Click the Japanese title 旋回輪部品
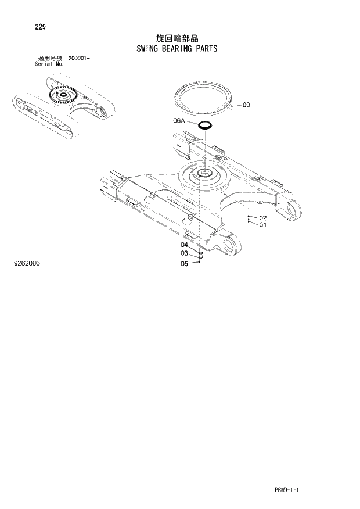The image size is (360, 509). pos(177,38)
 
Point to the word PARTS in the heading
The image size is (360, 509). pos(207,48)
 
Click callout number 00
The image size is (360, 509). pos(246,105)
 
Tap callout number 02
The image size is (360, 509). pos(262,218)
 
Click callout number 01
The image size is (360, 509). pos(262,225)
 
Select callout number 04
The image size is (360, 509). pos(183,245)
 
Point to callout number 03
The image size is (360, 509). pos(183,253)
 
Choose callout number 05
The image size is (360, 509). pos(183,263)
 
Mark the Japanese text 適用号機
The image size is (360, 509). pos(49,58)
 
